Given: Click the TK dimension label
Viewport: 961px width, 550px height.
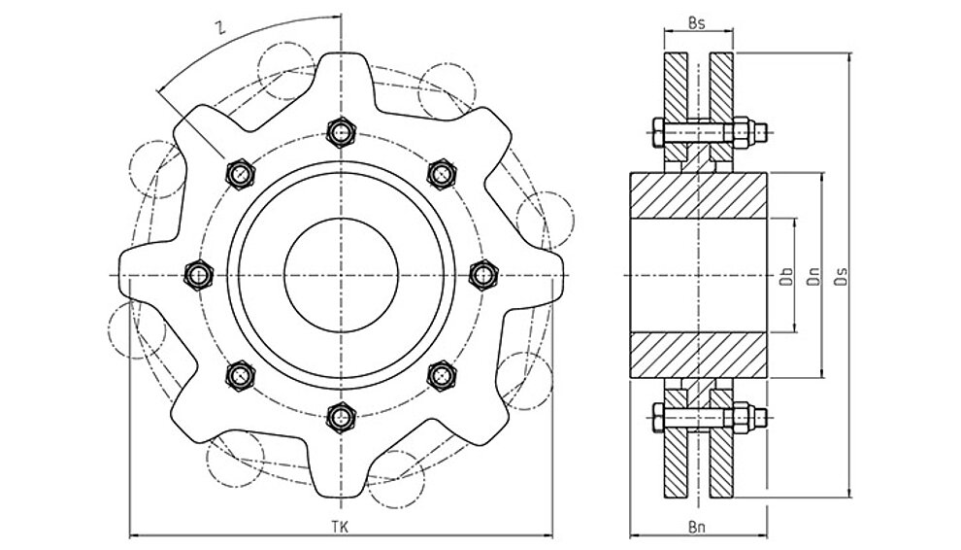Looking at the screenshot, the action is [x=340, y=527].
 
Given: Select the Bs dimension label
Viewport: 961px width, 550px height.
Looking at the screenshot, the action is [x=696, y=23].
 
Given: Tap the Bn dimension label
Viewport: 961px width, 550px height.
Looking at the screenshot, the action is [x=697, y=527].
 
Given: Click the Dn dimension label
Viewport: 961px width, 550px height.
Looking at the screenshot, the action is [x=813, y=276].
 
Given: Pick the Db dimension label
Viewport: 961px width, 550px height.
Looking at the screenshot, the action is [x=786, y=276].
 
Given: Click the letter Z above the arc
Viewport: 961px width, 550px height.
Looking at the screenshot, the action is [x=219, y=28].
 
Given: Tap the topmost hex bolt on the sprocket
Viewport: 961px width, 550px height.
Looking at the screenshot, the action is [x=341, y=132].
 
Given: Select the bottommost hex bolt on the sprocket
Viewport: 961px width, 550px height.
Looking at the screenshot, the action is [x=341, y=418].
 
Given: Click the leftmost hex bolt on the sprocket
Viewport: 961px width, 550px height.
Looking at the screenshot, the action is [x=199, y=274].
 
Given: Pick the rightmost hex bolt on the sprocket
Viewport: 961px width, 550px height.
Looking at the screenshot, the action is [x=483, y=274].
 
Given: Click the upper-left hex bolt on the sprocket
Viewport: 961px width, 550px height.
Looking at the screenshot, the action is [x=241, y=174].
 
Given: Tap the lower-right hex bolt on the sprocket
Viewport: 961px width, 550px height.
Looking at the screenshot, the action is [x=442, y=375].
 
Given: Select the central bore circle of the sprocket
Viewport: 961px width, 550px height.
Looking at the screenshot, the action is [x=342, y=219].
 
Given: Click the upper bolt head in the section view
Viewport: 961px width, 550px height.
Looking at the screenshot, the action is [x=657, y=132].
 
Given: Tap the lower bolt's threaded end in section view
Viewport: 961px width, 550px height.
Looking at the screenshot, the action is [x=760, y=418].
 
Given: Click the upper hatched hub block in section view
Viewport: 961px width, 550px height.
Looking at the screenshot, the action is [x=699, y=195].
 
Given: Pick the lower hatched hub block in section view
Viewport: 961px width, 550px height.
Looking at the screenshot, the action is [x=699, y=355].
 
